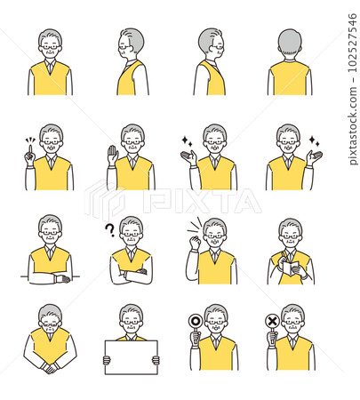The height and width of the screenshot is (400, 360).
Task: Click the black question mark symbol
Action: (110, 229)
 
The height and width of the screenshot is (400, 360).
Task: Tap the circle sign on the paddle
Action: (195, 321)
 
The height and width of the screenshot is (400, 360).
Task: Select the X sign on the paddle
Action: (272, 321)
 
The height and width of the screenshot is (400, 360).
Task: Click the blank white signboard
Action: (131, 357)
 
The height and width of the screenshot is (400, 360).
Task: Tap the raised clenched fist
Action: (195, 243)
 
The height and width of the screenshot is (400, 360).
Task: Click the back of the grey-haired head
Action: (290, 43)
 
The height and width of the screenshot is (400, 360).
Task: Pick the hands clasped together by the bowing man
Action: (49, 368)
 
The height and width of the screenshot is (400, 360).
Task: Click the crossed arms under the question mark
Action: (131, 274)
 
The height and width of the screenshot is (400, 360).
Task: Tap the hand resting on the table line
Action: (62, 279)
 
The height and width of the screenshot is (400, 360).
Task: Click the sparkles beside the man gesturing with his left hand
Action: (315, 141)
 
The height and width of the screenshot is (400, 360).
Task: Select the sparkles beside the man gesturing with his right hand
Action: (187, 141)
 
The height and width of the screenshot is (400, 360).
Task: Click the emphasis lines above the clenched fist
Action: (194, 226)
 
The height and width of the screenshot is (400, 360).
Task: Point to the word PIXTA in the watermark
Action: (202, 201)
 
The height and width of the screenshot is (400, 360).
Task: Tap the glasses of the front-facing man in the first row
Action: (50, 47)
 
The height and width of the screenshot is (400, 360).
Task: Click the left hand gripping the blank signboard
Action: (107, 360)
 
